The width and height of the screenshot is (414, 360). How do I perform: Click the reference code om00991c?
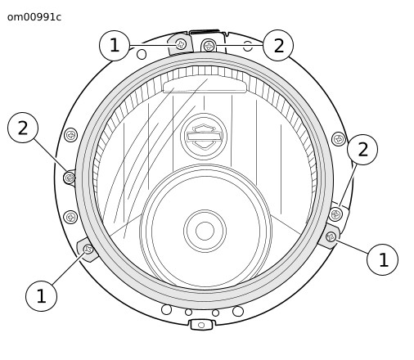coord(34,17)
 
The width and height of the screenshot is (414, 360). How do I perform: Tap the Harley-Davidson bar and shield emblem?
coord(204,137)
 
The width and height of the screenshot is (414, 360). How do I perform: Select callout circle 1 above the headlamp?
coord(115,45)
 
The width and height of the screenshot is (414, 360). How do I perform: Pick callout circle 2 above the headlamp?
coord(278,45)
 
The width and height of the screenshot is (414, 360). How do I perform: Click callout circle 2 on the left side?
coord(23,128)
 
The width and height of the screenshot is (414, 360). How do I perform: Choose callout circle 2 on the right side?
coord(362,150)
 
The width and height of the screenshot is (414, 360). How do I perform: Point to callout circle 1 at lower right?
coord(383,259)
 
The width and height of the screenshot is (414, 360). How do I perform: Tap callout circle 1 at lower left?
coord(41,296)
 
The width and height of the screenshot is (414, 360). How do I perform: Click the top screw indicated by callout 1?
coord(181,44)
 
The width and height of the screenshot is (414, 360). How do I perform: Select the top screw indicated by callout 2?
coord(209,46)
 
